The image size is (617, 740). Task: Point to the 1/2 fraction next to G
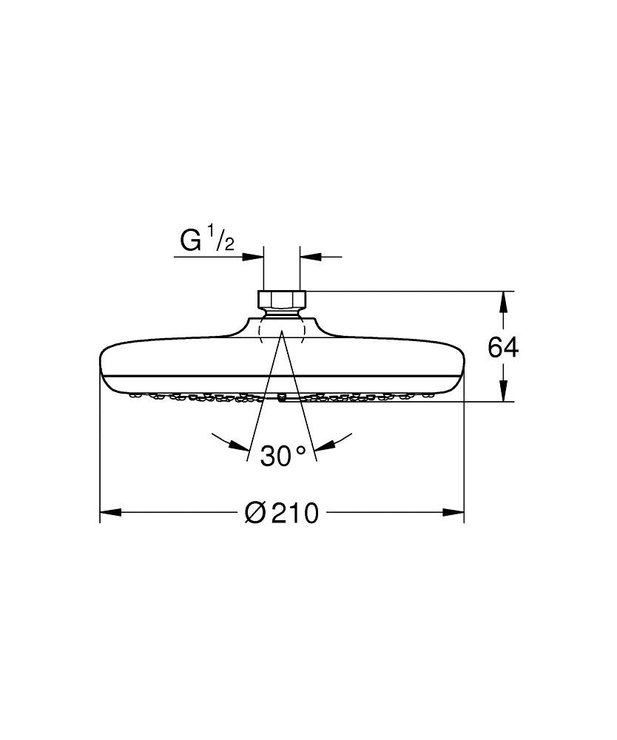coord(223,240)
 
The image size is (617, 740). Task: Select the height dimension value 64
coord(503,347)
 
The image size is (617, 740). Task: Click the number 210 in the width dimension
coord(294,512)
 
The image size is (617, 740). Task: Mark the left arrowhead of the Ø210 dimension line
coord(110,512)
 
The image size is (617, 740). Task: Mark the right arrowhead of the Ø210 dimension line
coord(454,512)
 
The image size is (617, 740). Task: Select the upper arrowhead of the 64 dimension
coord(503,301)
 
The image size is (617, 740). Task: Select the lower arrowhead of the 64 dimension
coord(503,391)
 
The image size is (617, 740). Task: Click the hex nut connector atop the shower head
coord(282,299)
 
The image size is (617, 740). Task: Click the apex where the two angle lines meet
coord(282,332)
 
